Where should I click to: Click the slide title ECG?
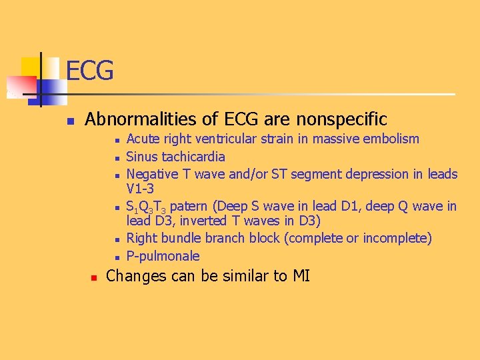pyautogui.click(x=90, y=70)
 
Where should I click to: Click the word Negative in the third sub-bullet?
pyautogui.click(x=151, y=175)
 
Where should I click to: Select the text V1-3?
pyautogui.click(x=140, y=189)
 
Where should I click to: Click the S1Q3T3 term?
pyautogui.click(x=146, y=207)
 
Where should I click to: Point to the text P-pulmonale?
pyautogui.click(x=163, y=257)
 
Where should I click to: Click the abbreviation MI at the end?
pyautogui.click(x=301, y=275)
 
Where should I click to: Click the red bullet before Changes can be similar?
pyautogui.click(x=94, y=276)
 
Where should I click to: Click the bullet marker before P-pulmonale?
pyautogui.click(x=116, y=257)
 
